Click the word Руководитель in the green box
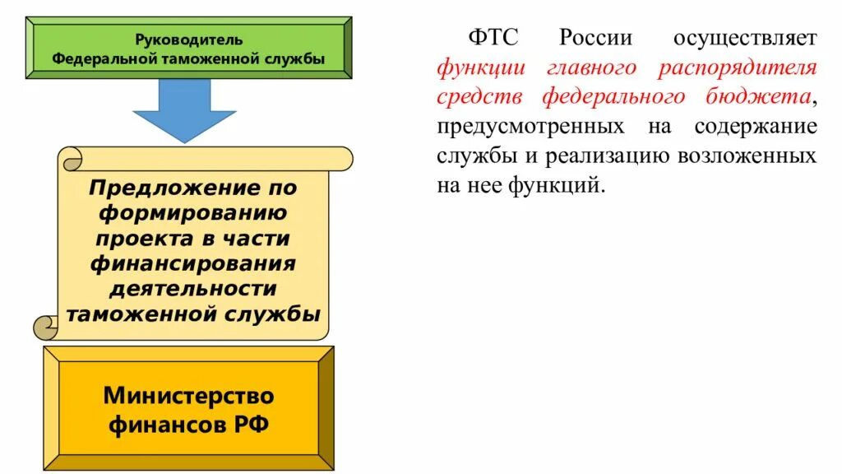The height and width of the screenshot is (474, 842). coord(188,39)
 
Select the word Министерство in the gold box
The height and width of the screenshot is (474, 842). coord(188,396)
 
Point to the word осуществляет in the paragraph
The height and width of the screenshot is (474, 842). coord(745,38)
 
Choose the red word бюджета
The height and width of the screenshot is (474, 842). coord(762,97)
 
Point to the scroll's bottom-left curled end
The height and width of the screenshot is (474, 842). coord(46,327)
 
